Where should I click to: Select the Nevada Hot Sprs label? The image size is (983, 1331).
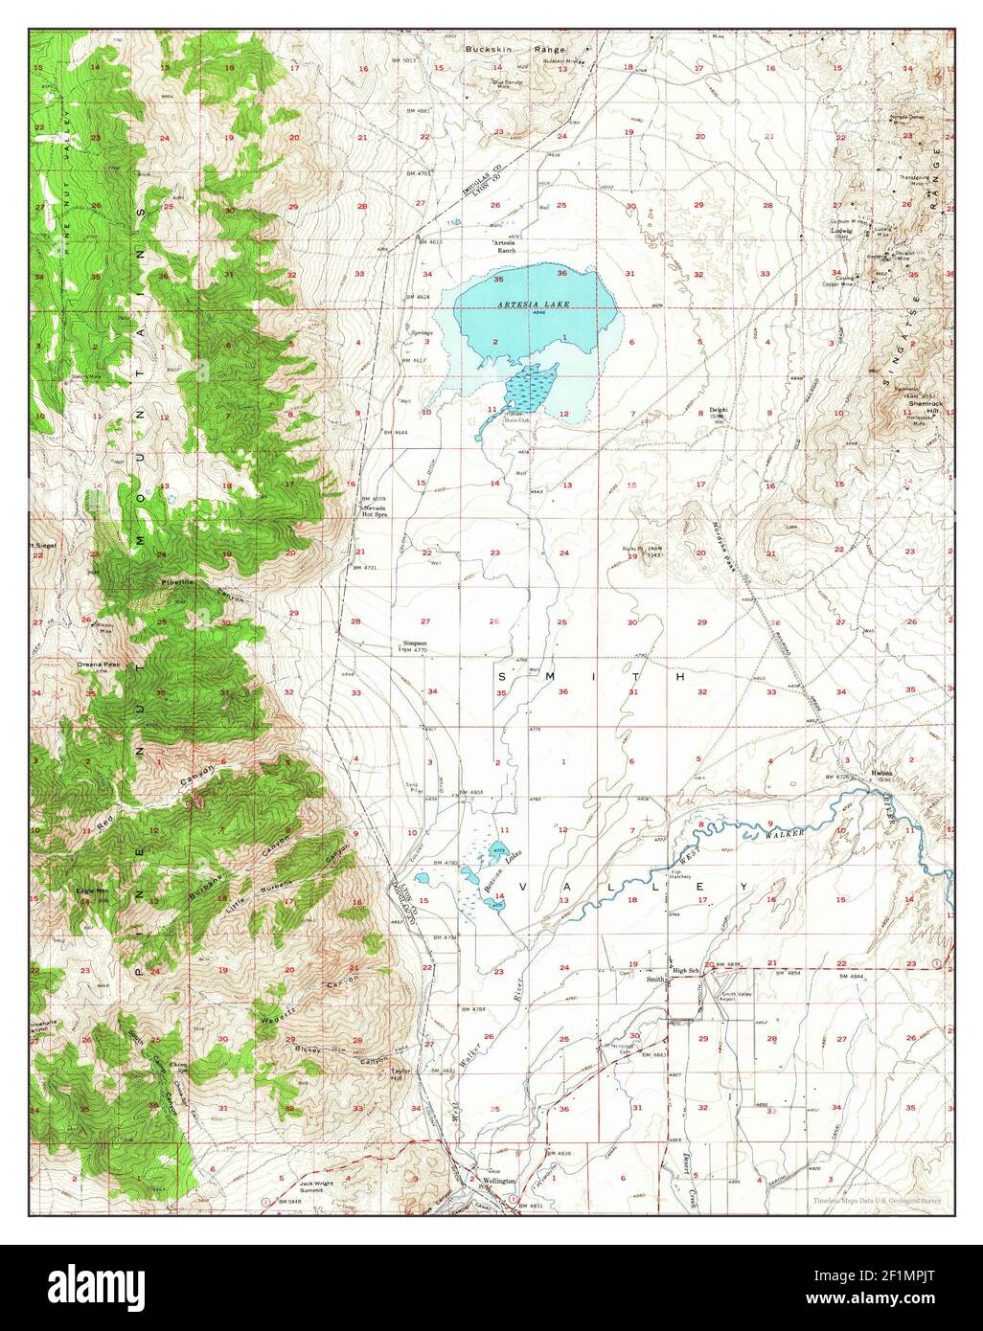[x=374, y=510]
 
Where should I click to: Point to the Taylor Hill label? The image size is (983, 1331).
[x=400, y=1075]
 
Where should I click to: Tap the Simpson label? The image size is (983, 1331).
[x=414, y=643]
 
